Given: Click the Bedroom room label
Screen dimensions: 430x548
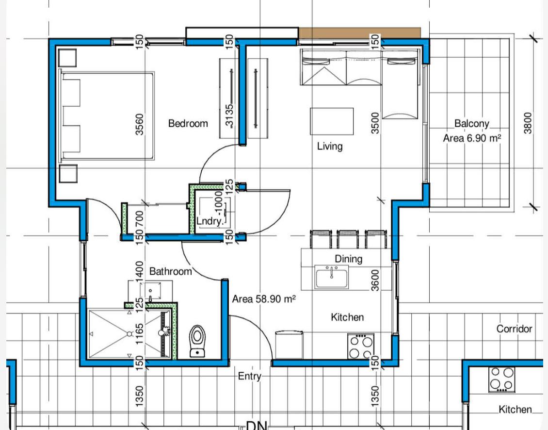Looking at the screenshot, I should click(x=188, y=124).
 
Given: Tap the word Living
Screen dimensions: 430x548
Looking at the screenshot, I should click(x=330, y=146).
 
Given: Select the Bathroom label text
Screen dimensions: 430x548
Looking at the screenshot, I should click(x=170, y=271).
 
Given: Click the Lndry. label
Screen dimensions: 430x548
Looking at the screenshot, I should click(x=210, y=221).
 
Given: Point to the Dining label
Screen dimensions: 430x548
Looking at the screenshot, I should click(x=348, y=259).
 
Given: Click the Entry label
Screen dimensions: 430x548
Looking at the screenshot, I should click(x=250, y=376).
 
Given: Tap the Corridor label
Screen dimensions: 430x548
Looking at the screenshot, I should click(x=514, y=329).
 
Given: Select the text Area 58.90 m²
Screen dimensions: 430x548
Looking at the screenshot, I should click(x=264, y=299).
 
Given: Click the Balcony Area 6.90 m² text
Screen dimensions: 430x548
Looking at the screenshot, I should click(x=472, y=131).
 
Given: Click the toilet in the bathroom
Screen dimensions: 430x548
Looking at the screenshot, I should click(x=197, y=339).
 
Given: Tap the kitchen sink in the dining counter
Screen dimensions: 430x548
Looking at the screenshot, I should click(x=332, y=278).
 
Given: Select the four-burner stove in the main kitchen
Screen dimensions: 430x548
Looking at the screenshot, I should click(x=361, y=346).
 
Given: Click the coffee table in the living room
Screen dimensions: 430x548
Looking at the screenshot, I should click(x=332, y=121).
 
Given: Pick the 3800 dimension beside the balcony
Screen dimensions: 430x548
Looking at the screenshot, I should click(x=528, y=123).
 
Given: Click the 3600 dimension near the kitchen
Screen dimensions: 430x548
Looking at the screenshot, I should click(x=375, y=280).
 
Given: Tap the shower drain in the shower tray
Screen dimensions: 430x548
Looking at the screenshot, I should click(x=129, y=334).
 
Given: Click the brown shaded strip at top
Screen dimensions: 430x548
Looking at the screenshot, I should click(x=359, y=33).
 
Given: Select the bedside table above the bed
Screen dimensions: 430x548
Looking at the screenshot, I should click(x=67, y=57).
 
